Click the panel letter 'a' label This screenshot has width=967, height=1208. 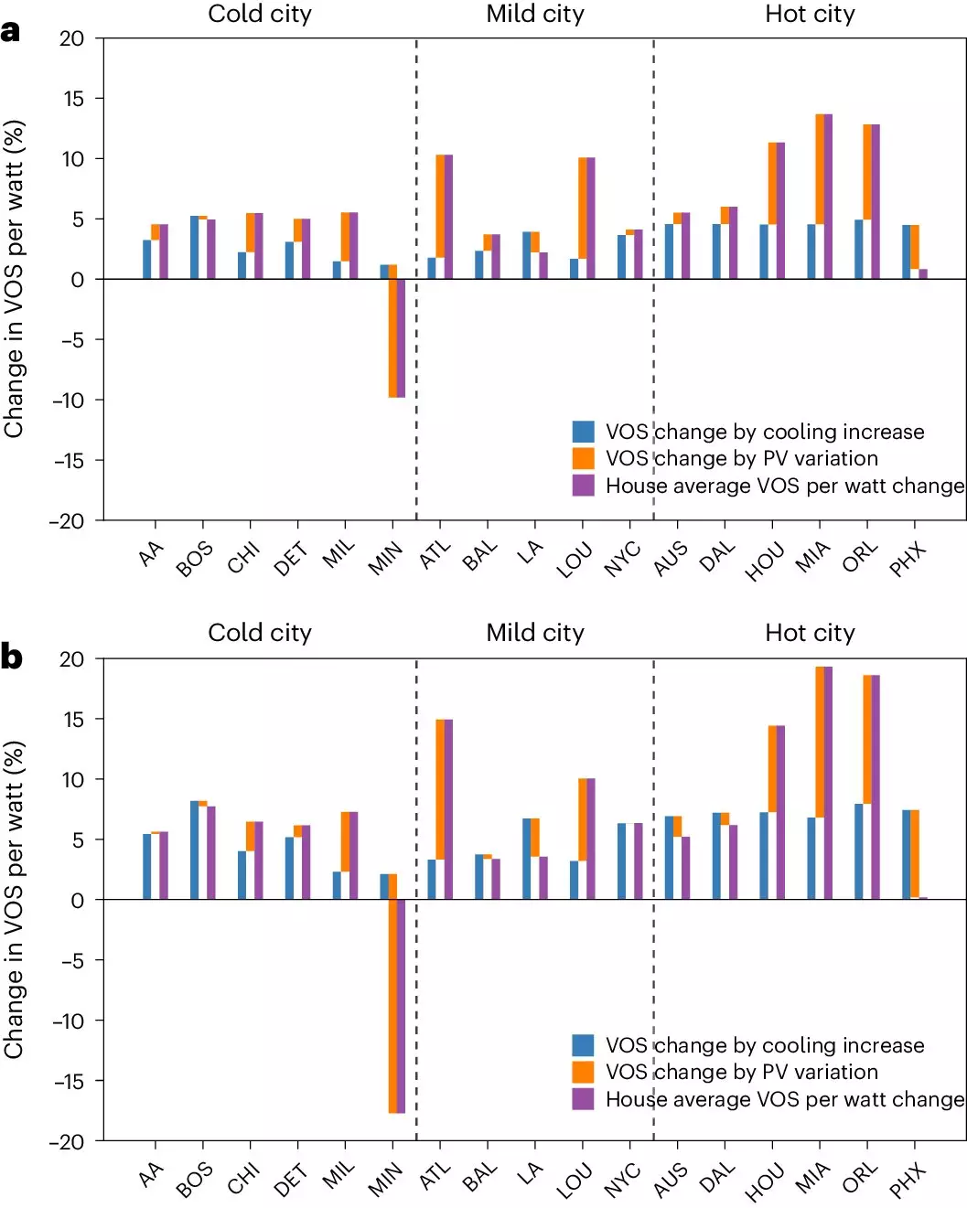point(11,32)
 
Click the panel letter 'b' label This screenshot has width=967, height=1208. point(12,657)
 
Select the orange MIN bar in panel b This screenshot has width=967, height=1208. point(392,1006)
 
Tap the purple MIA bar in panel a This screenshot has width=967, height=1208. point(828,197)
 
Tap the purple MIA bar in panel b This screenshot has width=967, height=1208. point(828,783)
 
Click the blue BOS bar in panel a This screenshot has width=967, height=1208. point(195,247)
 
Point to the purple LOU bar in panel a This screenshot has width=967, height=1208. point(591,218)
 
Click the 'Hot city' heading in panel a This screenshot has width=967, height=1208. point(810,14)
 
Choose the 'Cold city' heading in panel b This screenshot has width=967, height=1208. point(260,633)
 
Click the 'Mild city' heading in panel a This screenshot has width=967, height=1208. point(535,14)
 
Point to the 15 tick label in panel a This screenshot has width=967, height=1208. point(72,99)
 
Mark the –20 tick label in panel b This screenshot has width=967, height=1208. point(67,1141)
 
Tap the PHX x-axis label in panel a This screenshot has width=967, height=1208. point(908,559)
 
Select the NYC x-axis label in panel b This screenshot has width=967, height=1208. point(622,1180)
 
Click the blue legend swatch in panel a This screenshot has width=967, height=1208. point(583,432)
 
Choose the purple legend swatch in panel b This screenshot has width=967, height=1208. point(583,1098)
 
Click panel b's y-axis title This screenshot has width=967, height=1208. point(14,900)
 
